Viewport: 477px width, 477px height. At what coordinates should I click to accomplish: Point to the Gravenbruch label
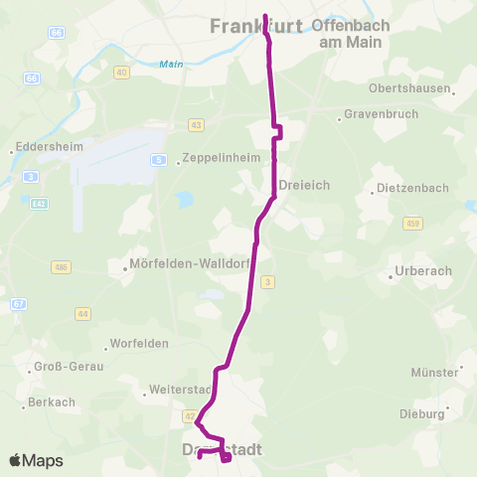[x=377, y=114]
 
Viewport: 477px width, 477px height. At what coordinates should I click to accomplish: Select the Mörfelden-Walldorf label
[x=188, y=265]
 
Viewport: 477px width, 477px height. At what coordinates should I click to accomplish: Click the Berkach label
[x=52, y=401]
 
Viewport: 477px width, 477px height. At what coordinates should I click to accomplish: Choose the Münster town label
[x=434, y=372]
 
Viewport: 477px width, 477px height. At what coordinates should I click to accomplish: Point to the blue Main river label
[x=171, y=66]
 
